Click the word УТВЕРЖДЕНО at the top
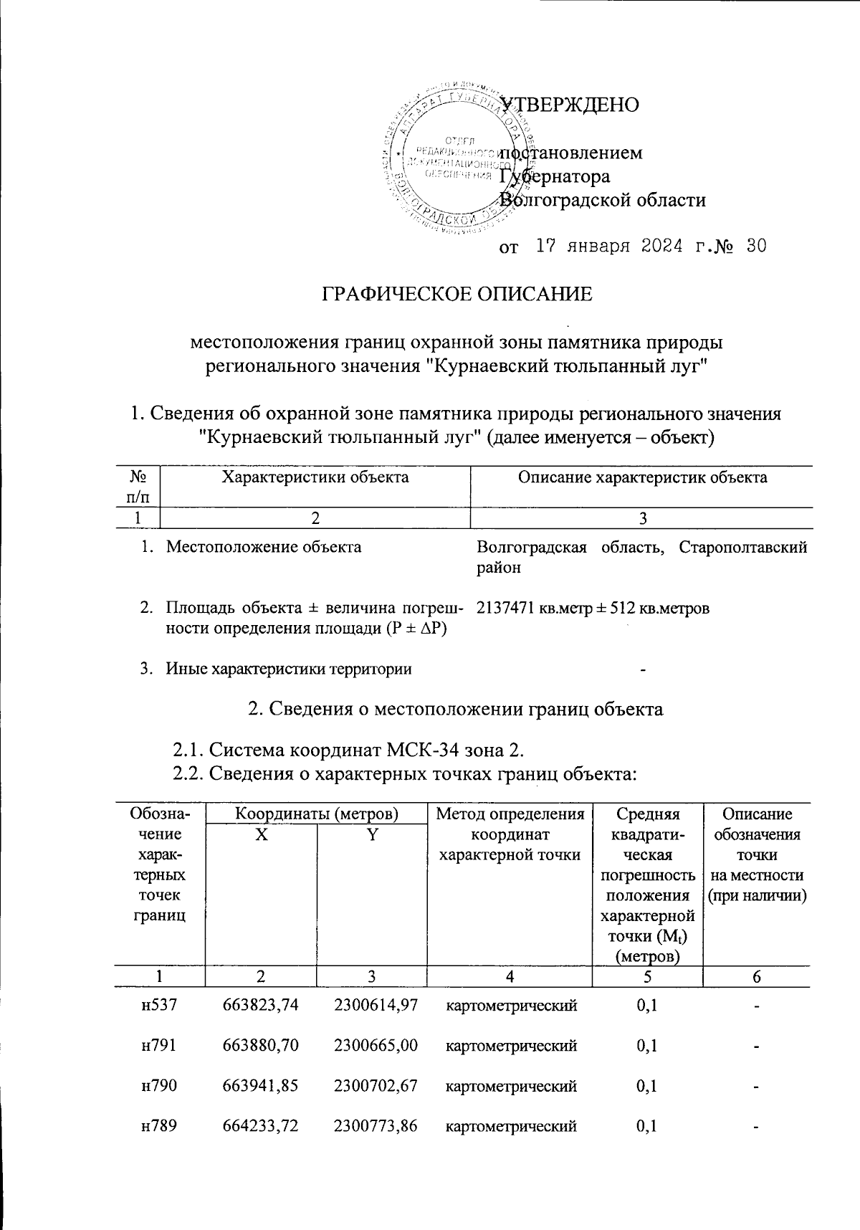(x=569, y=105)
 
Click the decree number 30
(x=755, y=247)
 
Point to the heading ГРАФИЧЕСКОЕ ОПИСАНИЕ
(x=457, y=294)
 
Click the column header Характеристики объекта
(x=315, y=477)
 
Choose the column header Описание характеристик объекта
(x=642, y=477)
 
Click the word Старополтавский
(x=743, y=548)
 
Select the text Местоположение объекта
(x=264, y=548)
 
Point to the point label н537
(x=160, y=1006)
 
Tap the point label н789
(x=160, y=1127)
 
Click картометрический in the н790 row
(x=512, y=1087)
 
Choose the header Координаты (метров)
(x=317, y=814)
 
